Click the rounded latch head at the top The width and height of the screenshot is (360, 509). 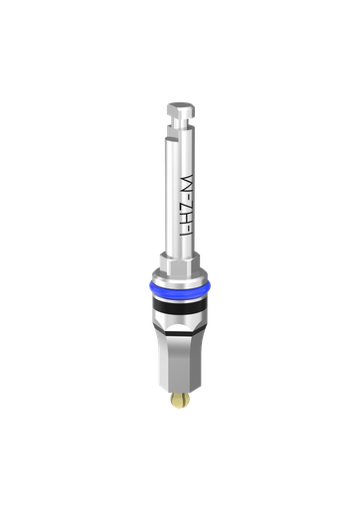pos(180,106)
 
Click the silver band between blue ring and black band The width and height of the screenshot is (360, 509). pos(180,299)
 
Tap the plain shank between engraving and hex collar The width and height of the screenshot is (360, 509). pos(180,254)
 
